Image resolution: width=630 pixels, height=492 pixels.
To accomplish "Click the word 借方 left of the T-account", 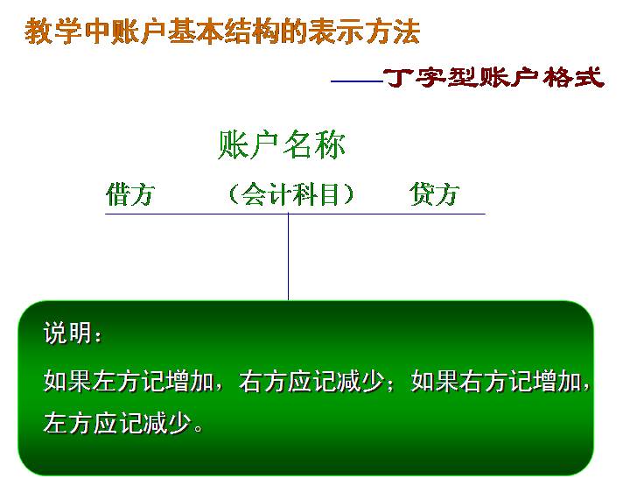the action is (x=130, y=194).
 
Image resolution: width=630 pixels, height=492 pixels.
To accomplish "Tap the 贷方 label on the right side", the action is (x=434, y=194).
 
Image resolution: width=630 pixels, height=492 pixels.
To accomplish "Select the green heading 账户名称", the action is (x=281, y=144).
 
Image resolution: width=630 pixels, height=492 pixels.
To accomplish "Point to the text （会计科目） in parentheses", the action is (x=290, y=194).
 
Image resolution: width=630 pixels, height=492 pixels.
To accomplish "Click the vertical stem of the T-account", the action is (x=288, y=257).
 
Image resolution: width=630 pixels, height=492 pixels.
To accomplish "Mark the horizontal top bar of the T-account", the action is (x=296, y=214).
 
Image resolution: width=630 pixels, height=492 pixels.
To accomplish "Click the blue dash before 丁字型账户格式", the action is (x=357, y=81).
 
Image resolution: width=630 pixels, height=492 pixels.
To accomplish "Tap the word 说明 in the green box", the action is (x=67, y=333).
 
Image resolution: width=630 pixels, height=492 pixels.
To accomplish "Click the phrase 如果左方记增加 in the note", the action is (x=129, y=380).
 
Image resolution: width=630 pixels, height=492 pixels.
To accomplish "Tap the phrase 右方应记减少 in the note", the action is (x=311, y=380).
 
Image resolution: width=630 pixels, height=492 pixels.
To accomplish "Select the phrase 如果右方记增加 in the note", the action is (x=496, y=380).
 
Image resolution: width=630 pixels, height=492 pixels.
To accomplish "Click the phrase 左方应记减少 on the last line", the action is (x=116, y=423).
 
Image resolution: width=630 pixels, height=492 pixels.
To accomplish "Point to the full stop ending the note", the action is (x=198, y=428).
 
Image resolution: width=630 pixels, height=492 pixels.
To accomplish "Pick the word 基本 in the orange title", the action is (x=195, y=32).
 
